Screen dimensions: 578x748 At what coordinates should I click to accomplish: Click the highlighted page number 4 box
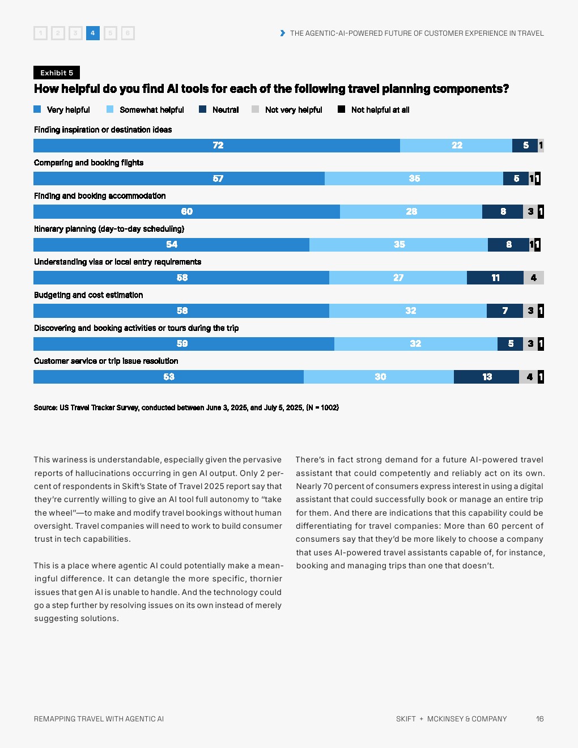tap(92, 33)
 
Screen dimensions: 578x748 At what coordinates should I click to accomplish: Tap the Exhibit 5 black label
tap(57, 73)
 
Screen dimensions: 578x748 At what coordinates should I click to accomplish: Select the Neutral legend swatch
tap(202, 109)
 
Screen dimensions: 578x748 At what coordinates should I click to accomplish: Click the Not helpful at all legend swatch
tap(341, 109)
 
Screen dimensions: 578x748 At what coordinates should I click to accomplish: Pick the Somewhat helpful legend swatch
tap(110, 109)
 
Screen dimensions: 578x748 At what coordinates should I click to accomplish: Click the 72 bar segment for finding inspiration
tap(216, 145)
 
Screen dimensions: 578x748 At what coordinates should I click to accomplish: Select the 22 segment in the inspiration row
tap(456, 145)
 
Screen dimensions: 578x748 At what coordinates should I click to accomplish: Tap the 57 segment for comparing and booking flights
tap(179, 178)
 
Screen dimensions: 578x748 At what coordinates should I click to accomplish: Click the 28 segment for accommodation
tap(411, 211)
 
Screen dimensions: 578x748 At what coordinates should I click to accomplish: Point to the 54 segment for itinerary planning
tap(172, 244)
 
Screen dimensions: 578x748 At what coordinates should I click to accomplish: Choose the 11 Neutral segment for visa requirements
tap(495, 278)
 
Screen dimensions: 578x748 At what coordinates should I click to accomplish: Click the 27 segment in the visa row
tap(398, 278)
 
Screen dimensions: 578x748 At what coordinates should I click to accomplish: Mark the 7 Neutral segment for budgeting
tap(505, 311)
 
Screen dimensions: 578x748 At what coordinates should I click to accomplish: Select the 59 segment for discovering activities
tap(184, 343)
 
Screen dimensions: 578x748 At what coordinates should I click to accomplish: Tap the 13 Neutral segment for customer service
tap(486, 377)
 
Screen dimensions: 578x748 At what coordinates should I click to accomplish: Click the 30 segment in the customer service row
tap(379, 377)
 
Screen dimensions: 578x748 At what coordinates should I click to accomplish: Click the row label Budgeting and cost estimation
tap(88, 295)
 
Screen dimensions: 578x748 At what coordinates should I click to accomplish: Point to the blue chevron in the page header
tap(283, 33)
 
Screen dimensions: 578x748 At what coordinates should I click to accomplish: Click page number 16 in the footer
tap(540, 719)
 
